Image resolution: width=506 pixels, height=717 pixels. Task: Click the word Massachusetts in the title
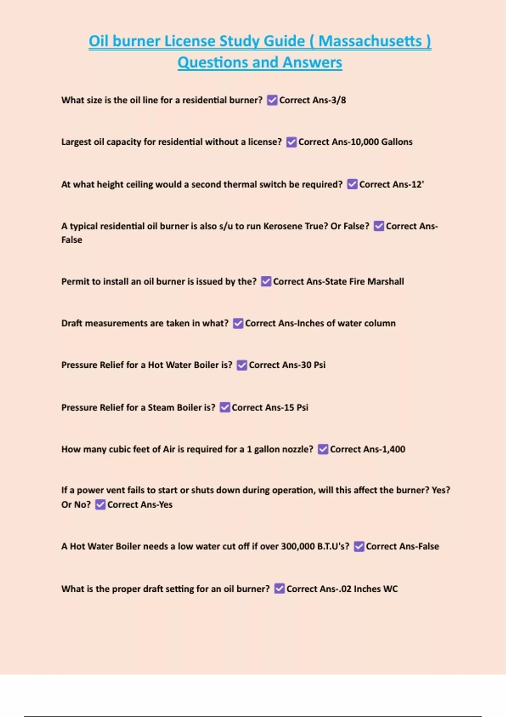point(370,41)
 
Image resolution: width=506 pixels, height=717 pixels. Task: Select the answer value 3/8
point(339,100)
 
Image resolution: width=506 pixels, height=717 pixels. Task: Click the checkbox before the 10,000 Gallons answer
point(291,142)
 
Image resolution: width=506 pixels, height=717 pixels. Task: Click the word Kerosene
point(283,226)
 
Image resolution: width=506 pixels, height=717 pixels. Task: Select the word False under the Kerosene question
point(72,240)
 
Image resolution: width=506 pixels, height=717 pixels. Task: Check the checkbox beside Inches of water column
point(238,323)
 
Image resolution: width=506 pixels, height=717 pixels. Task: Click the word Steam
point(161,407)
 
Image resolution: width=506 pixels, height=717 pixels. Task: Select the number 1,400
point(394,449)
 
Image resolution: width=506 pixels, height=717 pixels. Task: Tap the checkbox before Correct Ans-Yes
point(100,505)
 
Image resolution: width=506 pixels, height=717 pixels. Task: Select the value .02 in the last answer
point(346,589)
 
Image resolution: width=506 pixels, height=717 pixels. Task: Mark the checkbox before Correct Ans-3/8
point(272,100)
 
